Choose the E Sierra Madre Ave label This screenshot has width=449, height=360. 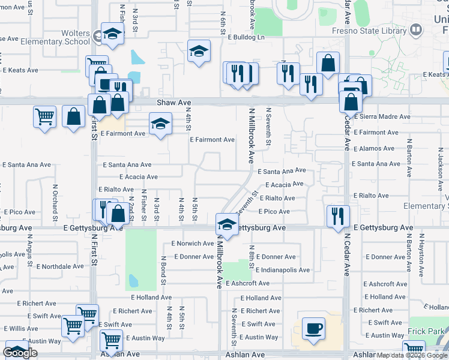(382, 117)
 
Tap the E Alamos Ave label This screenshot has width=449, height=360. (374, 148)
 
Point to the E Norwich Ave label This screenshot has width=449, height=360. (192, 244)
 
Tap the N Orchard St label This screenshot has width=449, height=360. (54, 201)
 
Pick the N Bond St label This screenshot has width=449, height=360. (163, 270)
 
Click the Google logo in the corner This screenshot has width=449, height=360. (20, 353)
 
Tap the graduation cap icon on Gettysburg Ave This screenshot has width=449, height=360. (226, 224)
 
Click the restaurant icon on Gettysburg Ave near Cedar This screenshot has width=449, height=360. (338, 215)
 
